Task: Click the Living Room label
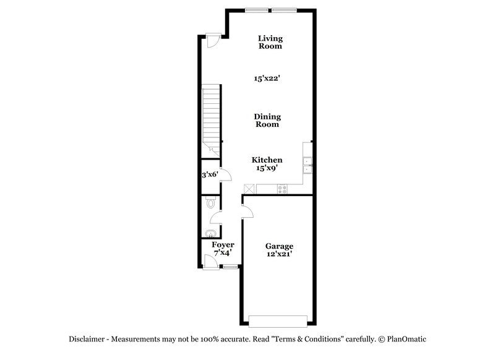[270, 42]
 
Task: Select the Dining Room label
[268, 120]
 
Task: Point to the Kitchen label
[267, 160]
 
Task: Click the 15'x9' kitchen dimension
[267, 168]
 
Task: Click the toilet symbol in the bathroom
[210, 202]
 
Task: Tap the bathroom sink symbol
[210, 233]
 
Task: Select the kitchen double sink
[308, 165]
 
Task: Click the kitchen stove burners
[282, 189]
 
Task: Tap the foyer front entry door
[212, 263]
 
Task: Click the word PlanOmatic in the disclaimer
[407, 339]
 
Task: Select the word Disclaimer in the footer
[87, 339]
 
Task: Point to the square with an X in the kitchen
[249, 189]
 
